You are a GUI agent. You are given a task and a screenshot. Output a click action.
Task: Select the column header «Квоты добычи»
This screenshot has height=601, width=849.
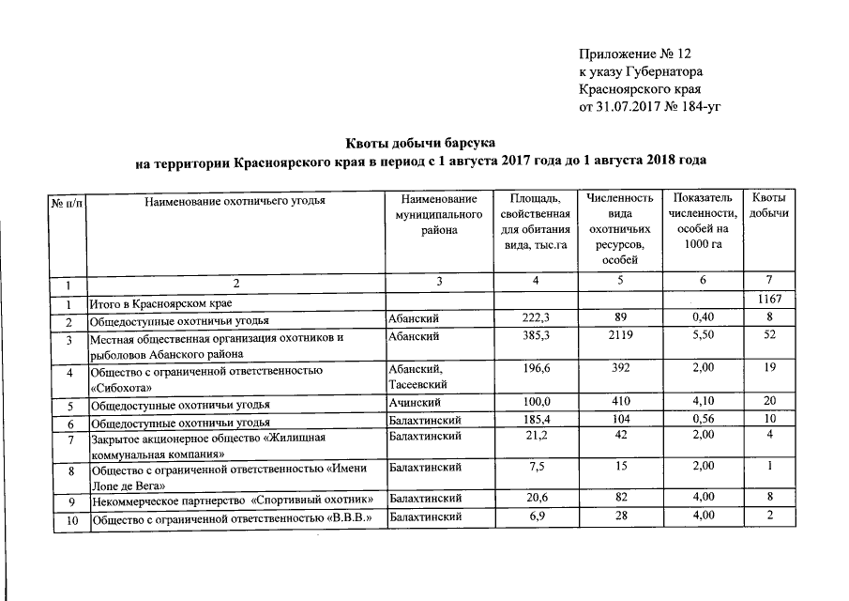click(768, 208)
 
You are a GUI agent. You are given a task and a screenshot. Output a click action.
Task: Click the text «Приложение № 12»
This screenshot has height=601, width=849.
click(640, 54)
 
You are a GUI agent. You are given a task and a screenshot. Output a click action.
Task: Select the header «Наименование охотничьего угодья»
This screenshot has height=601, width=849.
click(235, 200)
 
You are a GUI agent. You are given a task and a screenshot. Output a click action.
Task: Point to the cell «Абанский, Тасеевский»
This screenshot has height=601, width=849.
click(417, 378)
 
